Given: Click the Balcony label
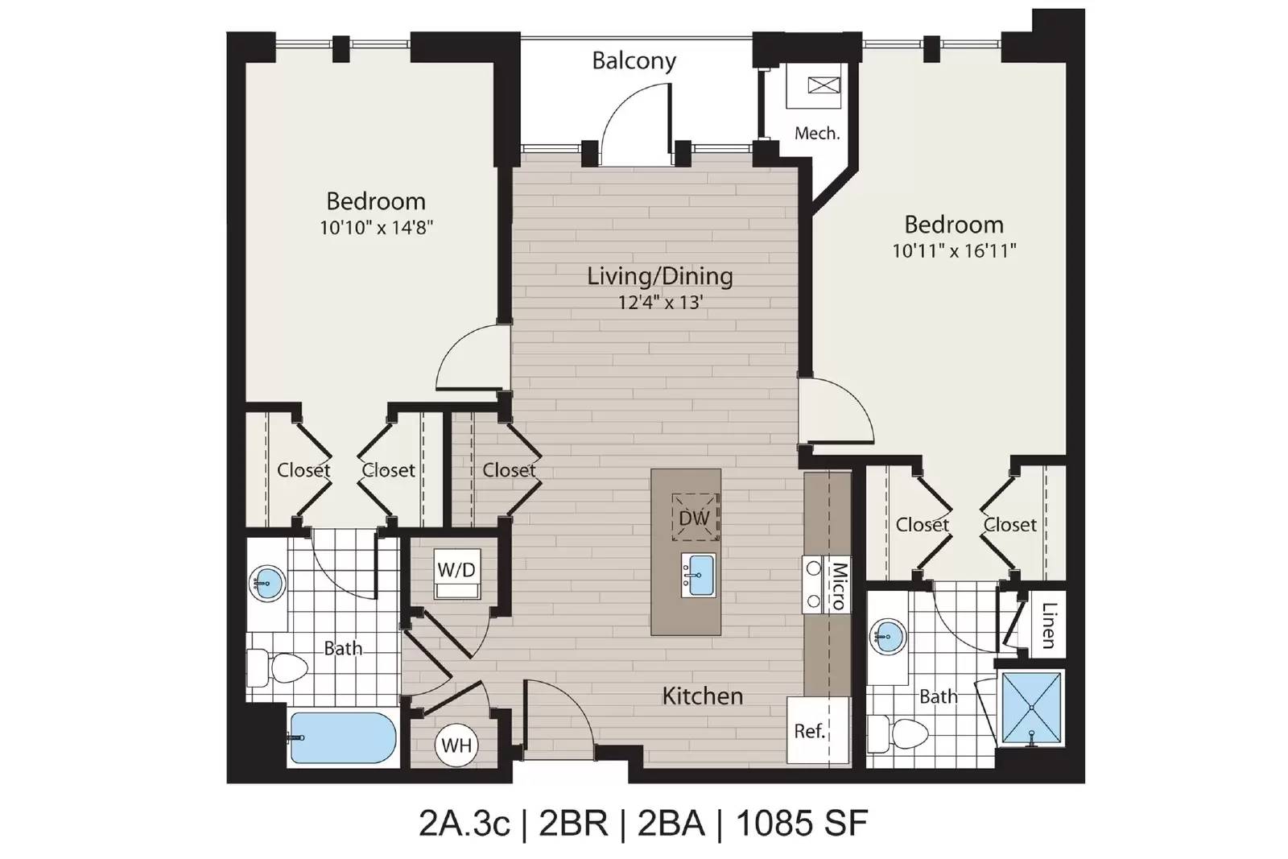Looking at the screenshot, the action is coord(634,60).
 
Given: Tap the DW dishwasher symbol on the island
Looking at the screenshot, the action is coord(696,517).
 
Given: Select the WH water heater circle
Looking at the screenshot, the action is coord(457,745).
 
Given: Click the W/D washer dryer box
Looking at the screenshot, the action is coord(457,573).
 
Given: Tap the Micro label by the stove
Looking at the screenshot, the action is coord(840,586).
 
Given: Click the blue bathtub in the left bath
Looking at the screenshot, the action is coord(342,738).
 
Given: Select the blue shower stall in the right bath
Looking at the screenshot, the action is coord(1031,708).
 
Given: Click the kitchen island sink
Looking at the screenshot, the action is coord(698,575).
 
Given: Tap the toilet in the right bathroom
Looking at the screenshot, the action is coord(898,734).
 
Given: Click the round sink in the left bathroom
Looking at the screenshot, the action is coord(267,583).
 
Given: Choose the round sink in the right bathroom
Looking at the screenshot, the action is coord(888,637).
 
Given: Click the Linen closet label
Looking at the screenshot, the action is coord(1049,625).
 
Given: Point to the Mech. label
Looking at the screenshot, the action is coord(817,134).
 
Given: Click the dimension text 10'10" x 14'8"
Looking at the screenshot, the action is coord(376,228).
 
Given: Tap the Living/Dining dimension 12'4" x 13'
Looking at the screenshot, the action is coord(661,302).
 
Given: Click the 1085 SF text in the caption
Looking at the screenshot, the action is coord(802,823).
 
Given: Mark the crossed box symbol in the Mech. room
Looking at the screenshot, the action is coord(824,85).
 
